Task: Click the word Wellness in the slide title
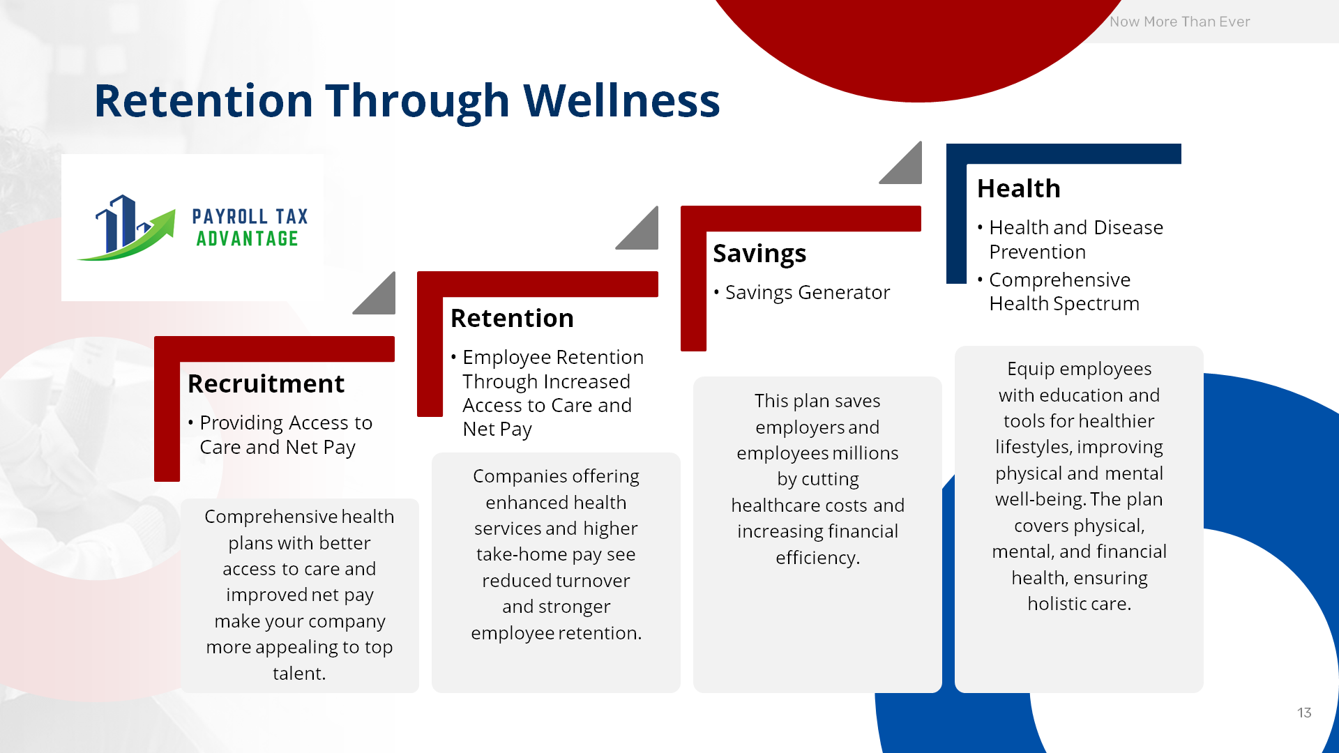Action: (x=621, y=100)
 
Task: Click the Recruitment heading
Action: (x=266, y=383)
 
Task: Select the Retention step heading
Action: (x=512, y=318)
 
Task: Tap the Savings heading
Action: (x=759, y=254)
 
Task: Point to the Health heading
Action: (x=1018, y=188)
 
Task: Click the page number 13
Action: (x=1304, y=713)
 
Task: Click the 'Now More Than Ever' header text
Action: (x=1180, y=22)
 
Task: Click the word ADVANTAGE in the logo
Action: (x=247, y=238)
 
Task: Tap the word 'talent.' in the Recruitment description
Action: (x=299, y=674)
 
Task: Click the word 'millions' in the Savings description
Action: (x=861, y=453)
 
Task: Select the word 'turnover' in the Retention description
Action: (x=591, y=581)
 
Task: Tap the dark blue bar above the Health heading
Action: (x=1064, y=153)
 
